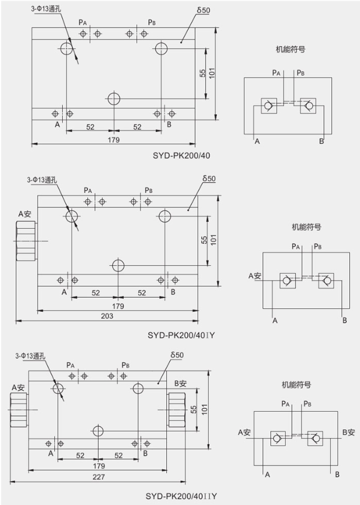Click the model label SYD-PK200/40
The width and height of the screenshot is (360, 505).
(181, 156)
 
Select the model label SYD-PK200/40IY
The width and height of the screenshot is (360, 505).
(181, 335)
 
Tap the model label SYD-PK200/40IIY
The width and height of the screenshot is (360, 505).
(181, 496)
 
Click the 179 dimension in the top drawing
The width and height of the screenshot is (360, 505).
(114, 140)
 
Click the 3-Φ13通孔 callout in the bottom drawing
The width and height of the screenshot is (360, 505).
(34, 356)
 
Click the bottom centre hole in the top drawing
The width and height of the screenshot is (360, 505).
(114, 98)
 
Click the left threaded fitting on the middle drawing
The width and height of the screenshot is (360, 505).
(25, 241)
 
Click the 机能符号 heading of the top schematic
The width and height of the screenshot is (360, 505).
(286, 50)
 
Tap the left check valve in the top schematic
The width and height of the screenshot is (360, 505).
(268, 106)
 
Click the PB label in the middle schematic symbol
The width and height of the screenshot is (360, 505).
(318, 246)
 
